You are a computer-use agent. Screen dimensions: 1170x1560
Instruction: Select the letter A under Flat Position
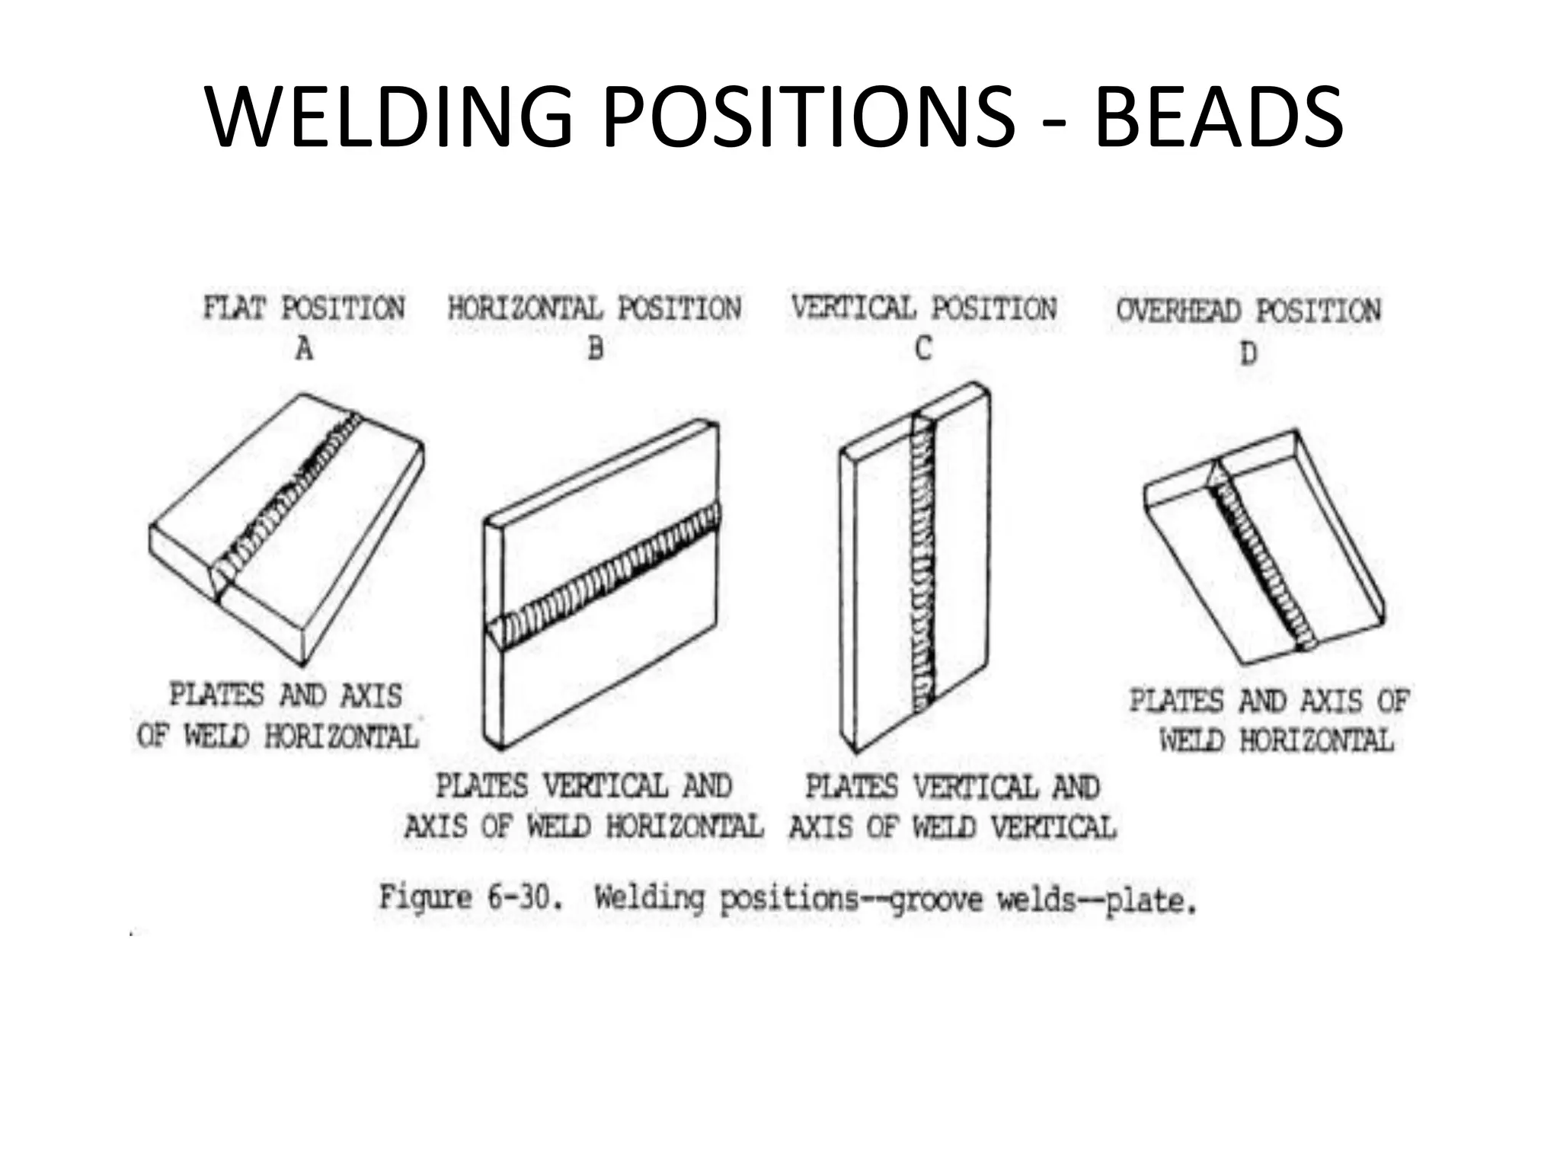[x=304, y=350]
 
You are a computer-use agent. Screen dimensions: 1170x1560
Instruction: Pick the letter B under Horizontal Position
[x=596, y=349]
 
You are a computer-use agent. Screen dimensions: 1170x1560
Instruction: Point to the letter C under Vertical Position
[x=923, y=349]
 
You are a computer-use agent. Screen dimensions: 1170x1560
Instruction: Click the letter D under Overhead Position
[x=1248, y=353]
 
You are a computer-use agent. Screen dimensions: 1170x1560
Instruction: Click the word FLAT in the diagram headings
[x=234, y=308]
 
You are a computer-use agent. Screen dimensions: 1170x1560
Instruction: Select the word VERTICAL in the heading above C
[x=853, y=308]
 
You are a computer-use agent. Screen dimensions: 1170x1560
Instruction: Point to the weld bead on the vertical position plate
[x=922, y=564]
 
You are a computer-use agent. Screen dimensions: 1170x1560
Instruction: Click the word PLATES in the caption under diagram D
[x=1175, y=701]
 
